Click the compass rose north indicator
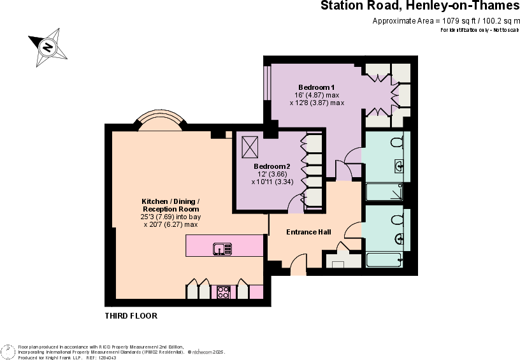click(47, 46)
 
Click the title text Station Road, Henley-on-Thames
click(419, 7)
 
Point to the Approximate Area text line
click(445, 21)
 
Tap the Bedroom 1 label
click(317, 87)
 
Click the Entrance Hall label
click(308, 232)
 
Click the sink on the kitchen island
click(222, 248)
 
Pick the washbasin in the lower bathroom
click(400, 239)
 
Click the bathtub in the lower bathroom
click(384, 259)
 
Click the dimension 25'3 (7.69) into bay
click(170, 217)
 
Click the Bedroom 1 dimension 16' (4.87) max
click(317, 95)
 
